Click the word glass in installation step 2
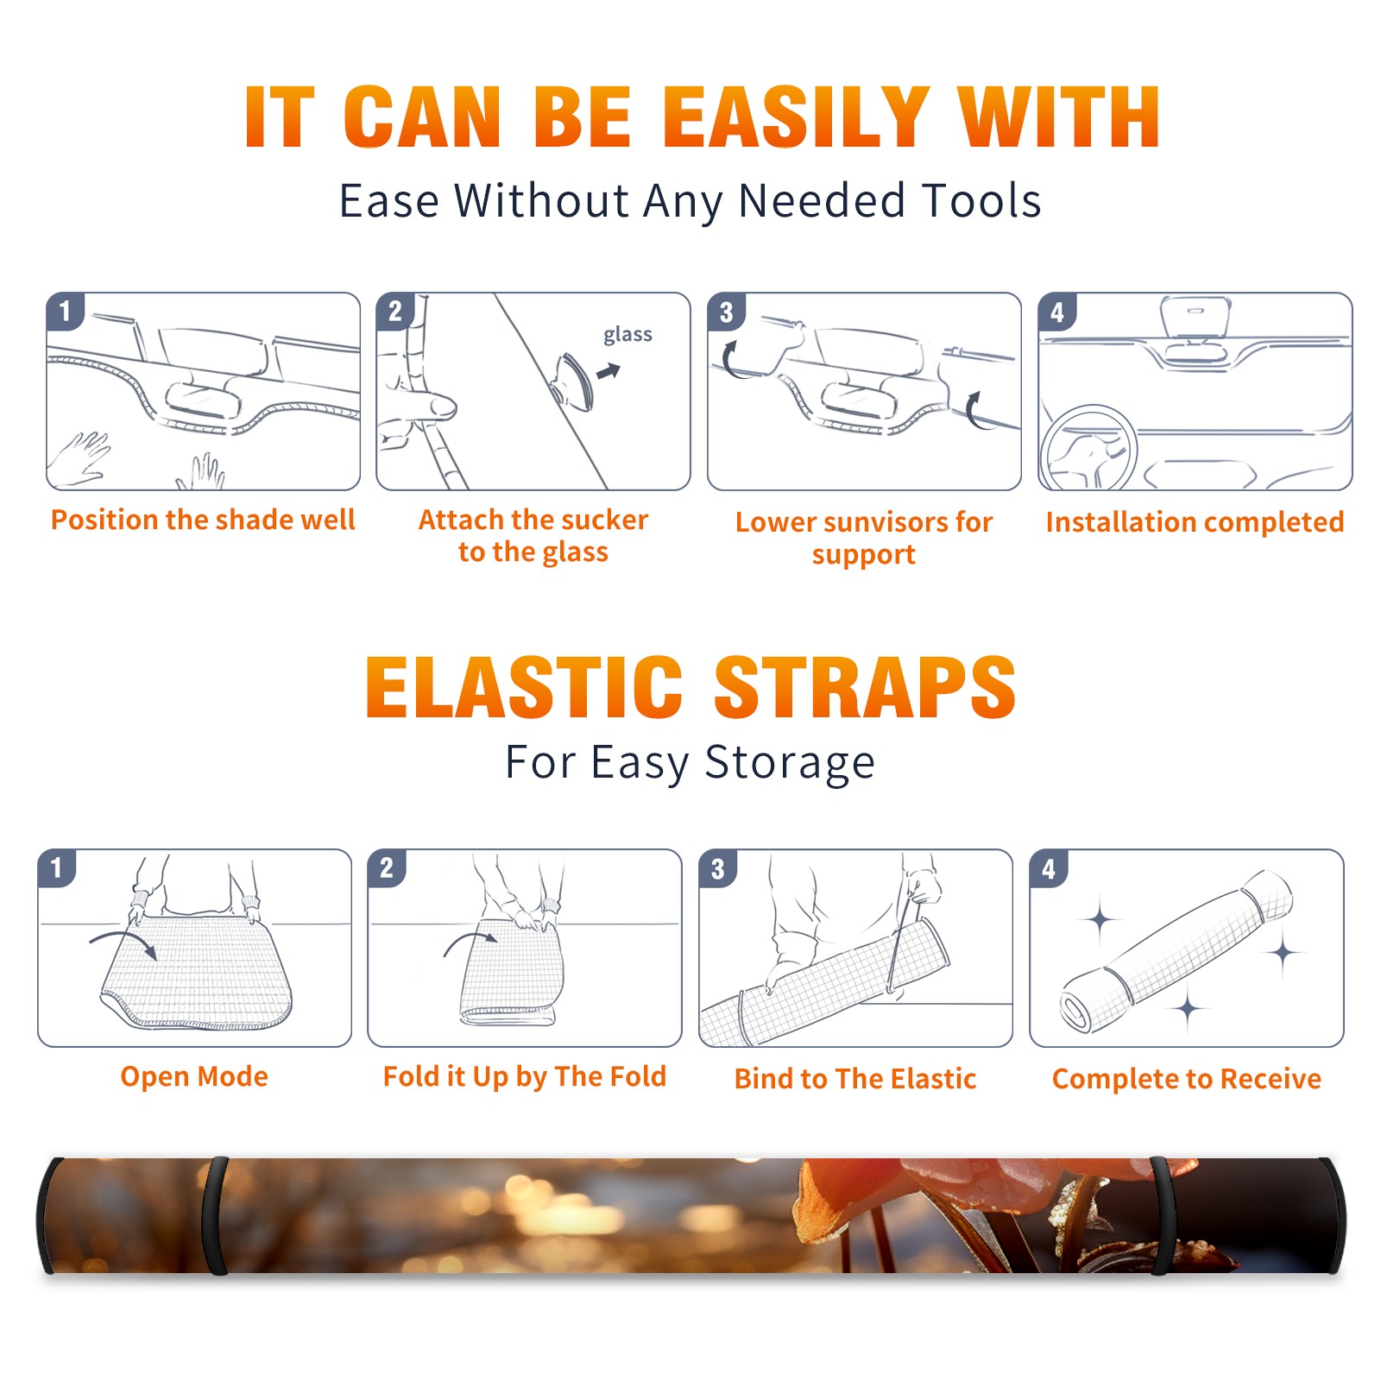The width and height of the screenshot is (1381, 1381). click(x=627, y=335)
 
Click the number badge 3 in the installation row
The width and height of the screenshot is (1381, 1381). click(x=727, y=312)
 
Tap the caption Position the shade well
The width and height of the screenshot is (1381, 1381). click(x=203, y=520)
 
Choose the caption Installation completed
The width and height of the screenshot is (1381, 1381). click(x=1195, y=521)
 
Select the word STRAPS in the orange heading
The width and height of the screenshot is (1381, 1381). click(x=865, y=687)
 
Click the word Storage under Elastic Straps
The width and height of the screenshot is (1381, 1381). click(x=789, y=763)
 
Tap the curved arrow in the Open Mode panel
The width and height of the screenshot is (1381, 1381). click(x=124, y=943)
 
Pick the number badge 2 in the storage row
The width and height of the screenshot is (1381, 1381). click(x=387, y=867)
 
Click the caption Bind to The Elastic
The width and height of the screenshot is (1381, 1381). click(x=854, y=1079)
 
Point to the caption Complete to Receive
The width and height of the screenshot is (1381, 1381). click(x=1187, y=1079)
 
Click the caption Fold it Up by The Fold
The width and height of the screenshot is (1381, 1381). click(x=525, y=1076)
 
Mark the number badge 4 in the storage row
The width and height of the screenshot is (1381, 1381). click(x=1049, y=867)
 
